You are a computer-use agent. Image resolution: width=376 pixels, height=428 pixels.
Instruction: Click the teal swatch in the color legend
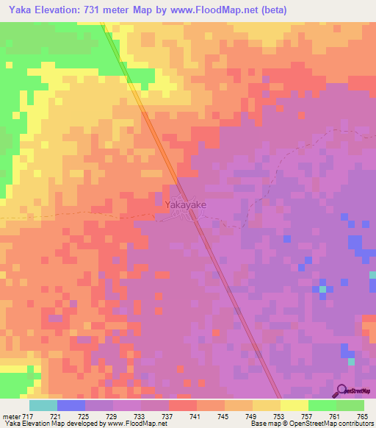click(43, 405)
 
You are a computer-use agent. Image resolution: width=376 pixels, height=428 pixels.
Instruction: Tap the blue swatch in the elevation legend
click(71, 405)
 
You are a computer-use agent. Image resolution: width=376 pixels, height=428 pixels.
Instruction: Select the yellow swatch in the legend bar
click(294, 405)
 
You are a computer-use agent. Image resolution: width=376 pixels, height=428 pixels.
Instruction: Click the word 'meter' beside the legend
click(11, 417)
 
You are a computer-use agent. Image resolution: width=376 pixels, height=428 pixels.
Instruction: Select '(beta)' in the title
click(269, 10)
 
